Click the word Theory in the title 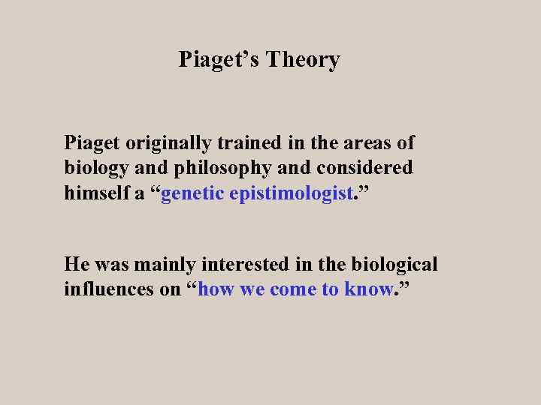click(x=301, y=60)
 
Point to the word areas click(x=370, y=142)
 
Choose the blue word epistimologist click(x=292, y=193)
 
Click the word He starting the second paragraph click(x=77, y=264)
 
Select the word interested click(x=235, y=264)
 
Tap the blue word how click(x=216, y=289)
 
